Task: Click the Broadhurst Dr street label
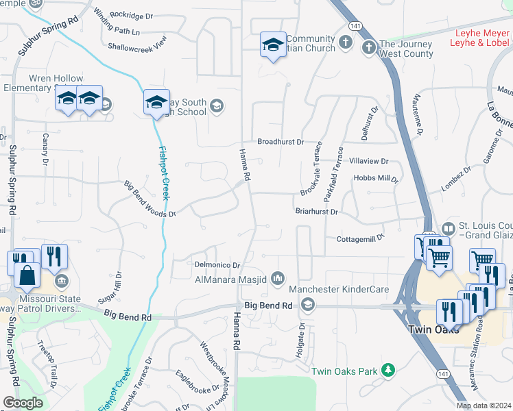tap(281, 142)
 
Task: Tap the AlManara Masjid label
tap(232, 278)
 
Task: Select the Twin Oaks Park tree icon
tap(388, 371)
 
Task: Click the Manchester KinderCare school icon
tap(308, 304)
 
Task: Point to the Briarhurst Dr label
tap(317, 212)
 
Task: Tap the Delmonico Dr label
tap(216, 265)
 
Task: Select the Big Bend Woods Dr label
tap(150, 199)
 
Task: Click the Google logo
tap(23, 403)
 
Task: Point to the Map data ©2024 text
tap(484, 406)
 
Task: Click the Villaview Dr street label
tap(369, 162)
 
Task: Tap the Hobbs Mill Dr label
tap(376, 178)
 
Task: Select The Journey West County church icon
tap(368, 47)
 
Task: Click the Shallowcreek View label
tap(137, 47)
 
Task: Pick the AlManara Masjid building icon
tap(278, 277)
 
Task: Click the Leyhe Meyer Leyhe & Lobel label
tap(479, 38)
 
